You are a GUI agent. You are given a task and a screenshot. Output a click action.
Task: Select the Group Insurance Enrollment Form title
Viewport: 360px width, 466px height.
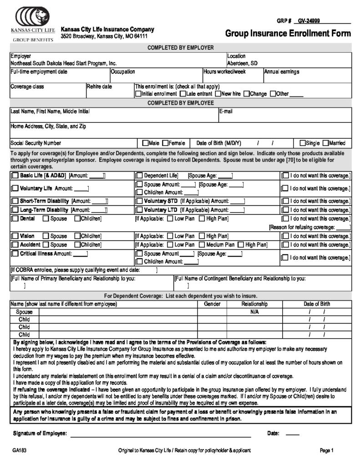click(x=288, y=33)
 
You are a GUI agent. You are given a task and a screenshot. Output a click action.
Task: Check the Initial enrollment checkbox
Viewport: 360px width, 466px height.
click(x=138, y=94)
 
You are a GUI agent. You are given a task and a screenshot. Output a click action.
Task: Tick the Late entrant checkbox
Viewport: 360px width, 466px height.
click(x=183, y=94)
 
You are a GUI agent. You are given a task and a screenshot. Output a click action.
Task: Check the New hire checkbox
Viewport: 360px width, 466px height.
click(x=218, y=94)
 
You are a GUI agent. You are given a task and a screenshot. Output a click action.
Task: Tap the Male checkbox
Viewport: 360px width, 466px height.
click(x=146, y=142)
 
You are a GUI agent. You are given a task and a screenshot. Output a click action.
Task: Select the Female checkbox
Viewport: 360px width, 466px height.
click(x=166, y=142)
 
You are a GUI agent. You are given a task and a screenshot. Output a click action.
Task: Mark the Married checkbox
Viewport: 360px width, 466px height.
click(x=325, y=142)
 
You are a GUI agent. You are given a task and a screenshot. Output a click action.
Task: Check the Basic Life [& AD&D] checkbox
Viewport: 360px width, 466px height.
click(x=15, y=175)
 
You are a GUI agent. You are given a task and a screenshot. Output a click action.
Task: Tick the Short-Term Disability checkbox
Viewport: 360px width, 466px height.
click(x=15, y=201)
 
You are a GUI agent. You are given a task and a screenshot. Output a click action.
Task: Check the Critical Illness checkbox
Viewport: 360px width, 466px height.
click(x=15, y=253)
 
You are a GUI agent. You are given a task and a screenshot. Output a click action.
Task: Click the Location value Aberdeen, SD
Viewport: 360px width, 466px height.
click(x=242, y=63)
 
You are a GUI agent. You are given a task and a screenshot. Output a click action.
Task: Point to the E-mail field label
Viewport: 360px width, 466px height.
click(x=226, y=111)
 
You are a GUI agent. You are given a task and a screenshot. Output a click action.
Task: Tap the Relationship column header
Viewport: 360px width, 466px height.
click(x=254, y=304)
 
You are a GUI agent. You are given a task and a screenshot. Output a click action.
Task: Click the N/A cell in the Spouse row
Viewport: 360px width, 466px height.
click(x=254, y=312)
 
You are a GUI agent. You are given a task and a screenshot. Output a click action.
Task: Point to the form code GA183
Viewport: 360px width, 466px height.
click(x=20, y=451)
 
